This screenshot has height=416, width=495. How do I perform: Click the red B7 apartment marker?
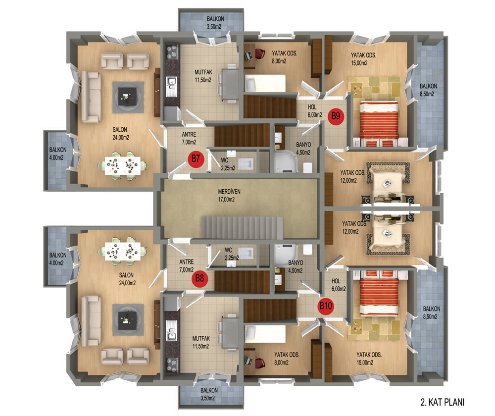pos(196,158)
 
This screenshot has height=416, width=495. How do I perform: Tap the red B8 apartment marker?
pos(199,278)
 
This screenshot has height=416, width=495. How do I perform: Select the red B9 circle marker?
pos(336,116)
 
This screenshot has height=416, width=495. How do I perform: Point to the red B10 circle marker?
pos(326,306)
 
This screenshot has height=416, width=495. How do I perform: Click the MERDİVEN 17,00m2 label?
pos(226,196)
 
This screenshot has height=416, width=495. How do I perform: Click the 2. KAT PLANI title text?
pos(443,402)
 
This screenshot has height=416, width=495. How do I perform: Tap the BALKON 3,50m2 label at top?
pos(215,23)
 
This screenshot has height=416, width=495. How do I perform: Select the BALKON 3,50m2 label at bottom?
pos(209,394)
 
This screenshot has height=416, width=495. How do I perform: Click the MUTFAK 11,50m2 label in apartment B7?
pos(203,76)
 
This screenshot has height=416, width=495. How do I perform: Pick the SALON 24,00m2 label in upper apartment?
pos(121,133)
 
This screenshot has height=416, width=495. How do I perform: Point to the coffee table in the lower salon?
pos(128,320)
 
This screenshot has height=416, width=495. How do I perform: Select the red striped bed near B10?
pos(379,293)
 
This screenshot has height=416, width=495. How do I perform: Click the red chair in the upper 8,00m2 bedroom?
pos(260,53)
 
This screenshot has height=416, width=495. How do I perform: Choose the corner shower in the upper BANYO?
pos(286,161)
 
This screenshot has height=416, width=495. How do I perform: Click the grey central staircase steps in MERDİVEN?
pos(242,228)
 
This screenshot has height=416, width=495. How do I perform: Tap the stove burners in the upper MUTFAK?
pos(172,52)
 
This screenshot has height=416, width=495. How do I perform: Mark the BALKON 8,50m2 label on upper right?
pos(428,90)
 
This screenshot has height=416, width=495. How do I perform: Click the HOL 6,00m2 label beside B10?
pos(339,285)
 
